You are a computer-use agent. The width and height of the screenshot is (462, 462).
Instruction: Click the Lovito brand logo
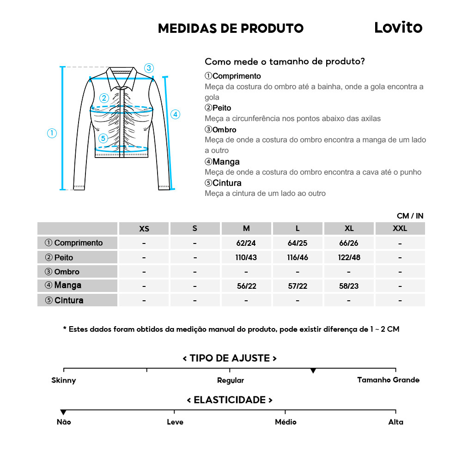(398, 28)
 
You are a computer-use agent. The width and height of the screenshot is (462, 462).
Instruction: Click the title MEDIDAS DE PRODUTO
(231, 28)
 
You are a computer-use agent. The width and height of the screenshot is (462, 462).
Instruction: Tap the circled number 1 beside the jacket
(52, 133)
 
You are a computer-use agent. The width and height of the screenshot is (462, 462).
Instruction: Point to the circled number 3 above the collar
(148, 68)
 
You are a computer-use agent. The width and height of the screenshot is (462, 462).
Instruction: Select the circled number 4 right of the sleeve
(175, 114)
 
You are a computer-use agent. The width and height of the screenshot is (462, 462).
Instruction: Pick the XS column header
(144, 229)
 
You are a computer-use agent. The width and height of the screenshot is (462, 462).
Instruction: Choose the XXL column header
(400, 229)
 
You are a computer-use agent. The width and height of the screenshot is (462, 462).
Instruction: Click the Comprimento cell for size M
(246, 243)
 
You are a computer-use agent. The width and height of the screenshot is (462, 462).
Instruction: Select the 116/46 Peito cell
(298, 257)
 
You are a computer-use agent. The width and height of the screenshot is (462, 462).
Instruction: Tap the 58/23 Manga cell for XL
(349, 286)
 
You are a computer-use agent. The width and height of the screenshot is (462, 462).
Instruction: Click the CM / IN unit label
(410, 216)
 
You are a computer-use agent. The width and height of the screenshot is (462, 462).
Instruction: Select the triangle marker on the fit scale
(313, 371)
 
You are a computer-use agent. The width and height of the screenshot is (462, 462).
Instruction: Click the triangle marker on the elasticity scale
(63, 412)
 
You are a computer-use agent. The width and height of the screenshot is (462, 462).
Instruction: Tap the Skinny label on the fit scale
(64, 380)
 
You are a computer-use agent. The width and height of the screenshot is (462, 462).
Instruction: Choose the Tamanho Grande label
(388, 380)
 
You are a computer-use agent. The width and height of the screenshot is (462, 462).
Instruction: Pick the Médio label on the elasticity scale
(286, 422)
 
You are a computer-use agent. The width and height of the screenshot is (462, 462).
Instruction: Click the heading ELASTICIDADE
(230, 400)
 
